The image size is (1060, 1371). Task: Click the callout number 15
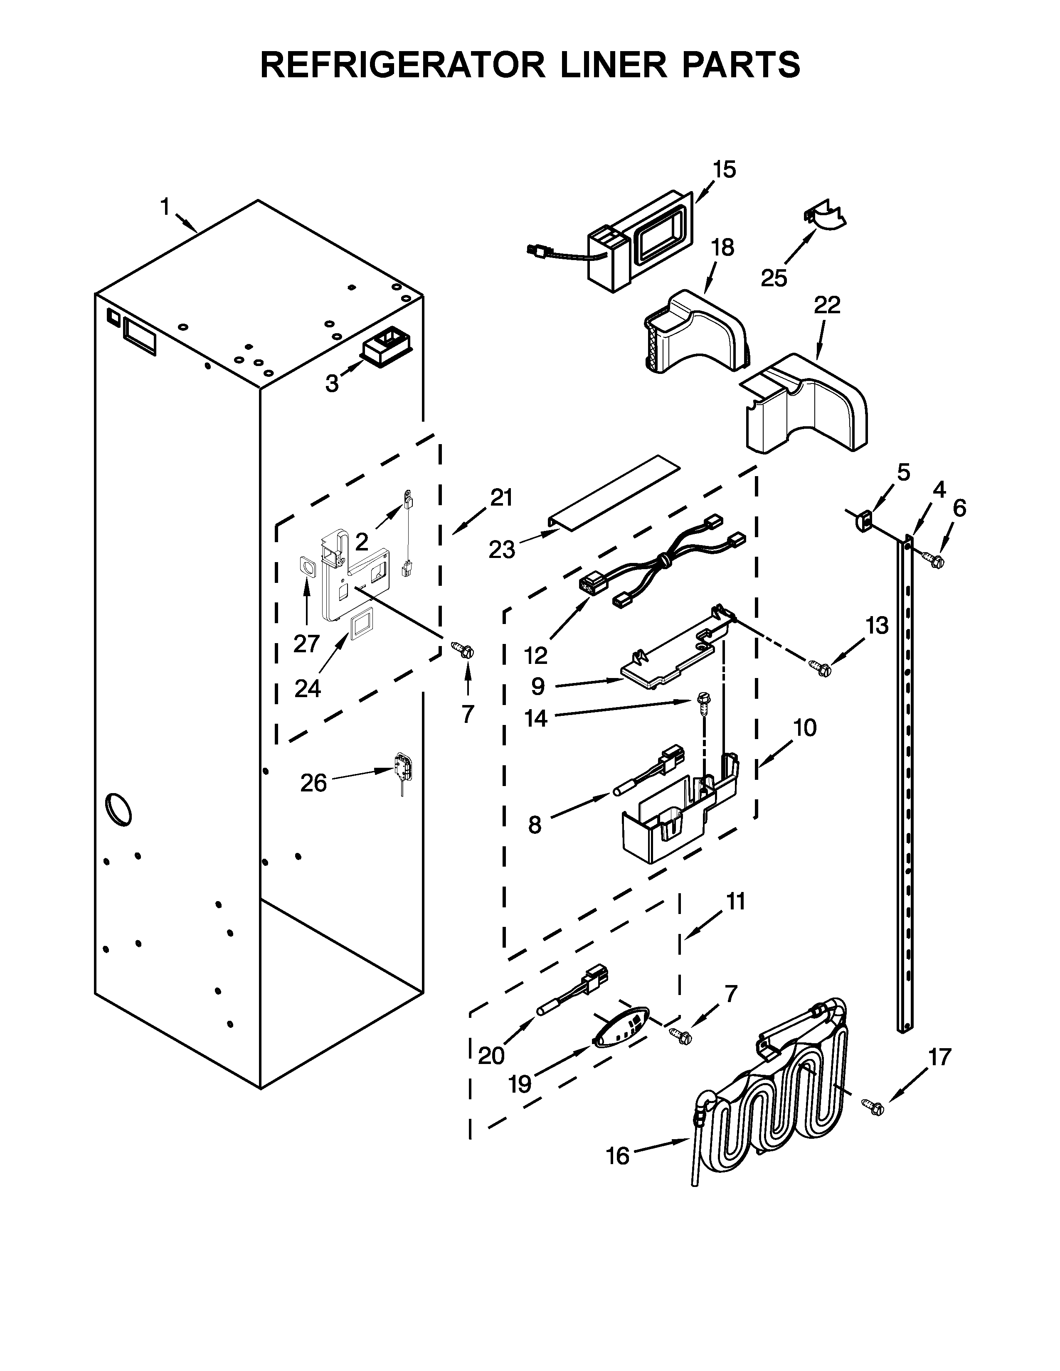click(724, 170)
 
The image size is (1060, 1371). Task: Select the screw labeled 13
click(820, 668)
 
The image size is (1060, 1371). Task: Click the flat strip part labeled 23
click(615, 491)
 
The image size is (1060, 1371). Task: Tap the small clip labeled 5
click(865, 521)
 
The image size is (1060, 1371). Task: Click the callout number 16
click(618, 1156)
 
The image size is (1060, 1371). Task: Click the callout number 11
click(735, 902)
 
